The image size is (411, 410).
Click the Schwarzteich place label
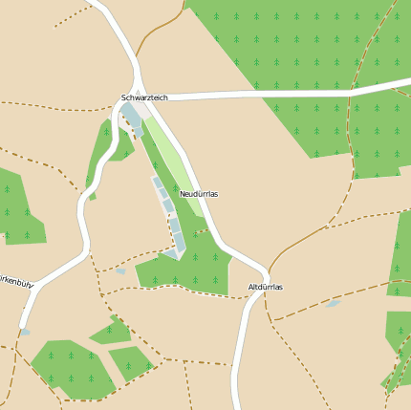click(144, 97)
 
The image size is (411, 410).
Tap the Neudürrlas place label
click(199, 194)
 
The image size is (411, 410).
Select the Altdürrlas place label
click(265, 287)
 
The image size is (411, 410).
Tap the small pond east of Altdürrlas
click(333, 304)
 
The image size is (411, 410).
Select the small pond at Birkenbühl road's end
click(25, 332)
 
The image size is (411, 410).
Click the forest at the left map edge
click(19, 210)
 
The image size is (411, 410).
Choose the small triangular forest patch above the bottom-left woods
click(112, 331)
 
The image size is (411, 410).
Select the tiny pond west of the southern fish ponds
click(120, 271)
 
